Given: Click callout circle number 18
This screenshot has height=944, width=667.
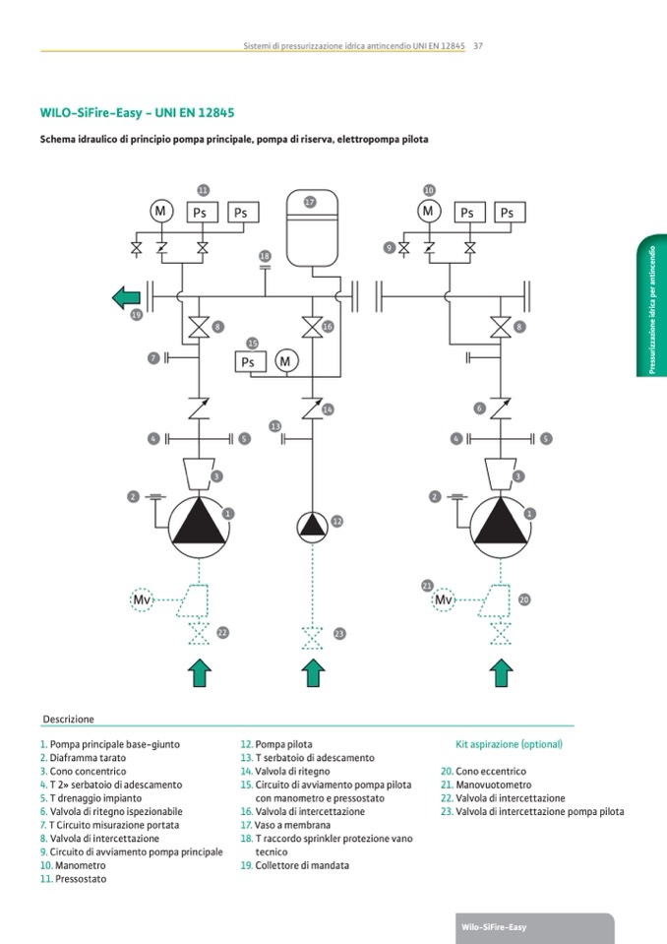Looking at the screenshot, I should coord(265,257).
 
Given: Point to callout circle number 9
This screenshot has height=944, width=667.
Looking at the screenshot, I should coord(390,248).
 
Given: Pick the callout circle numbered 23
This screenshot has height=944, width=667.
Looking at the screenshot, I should coord(339,633).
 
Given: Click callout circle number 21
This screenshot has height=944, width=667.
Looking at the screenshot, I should coord(427,585).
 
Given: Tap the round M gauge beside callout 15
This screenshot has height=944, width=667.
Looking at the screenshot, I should coord(286,362).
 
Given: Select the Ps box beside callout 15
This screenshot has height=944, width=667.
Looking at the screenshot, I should coord(248,362).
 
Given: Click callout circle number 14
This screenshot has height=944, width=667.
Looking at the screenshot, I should coord(328,409).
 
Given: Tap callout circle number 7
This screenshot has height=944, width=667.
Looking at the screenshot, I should coord(153,357).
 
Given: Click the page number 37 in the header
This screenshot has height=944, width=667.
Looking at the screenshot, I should coord(477,45).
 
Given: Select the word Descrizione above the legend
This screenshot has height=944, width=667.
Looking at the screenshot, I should coord(69,720).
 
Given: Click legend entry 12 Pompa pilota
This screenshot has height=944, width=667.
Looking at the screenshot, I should coord(276,745).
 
